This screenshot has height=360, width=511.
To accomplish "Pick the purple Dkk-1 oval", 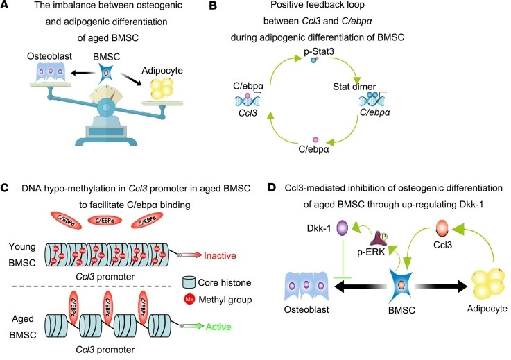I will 341,229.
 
